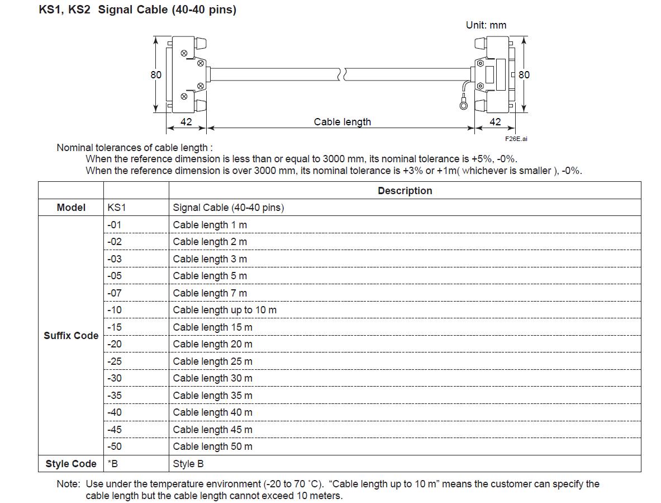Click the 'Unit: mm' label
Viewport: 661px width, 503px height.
tap(486, 25)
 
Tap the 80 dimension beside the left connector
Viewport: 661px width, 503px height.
tap(156, 74)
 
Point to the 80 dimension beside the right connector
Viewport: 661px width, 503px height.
tap(524, 74)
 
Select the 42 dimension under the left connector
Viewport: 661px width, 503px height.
tap(186, 122)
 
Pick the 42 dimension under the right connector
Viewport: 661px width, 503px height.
tap(495, 122)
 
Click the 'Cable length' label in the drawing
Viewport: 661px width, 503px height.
tap(343, 122)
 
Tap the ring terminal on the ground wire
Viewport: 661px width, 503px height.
tap(464, 104)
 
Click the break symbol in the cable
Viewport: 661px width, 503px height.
tap(342, 74)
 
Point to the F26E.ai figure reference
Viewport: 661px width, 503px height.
tap(516, 139)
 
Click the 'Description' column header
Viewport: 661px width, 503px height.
tap(405, 191)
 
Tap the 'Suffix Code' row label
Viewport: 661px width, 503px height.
tap(71, 336)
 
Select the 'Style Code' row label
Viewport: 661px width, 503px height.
tap(71, 464)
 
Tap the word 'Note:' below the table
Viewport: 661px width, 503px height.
tap(68, 484)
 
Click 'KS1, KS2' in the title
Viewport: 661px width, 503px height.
tap(64, 10)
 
